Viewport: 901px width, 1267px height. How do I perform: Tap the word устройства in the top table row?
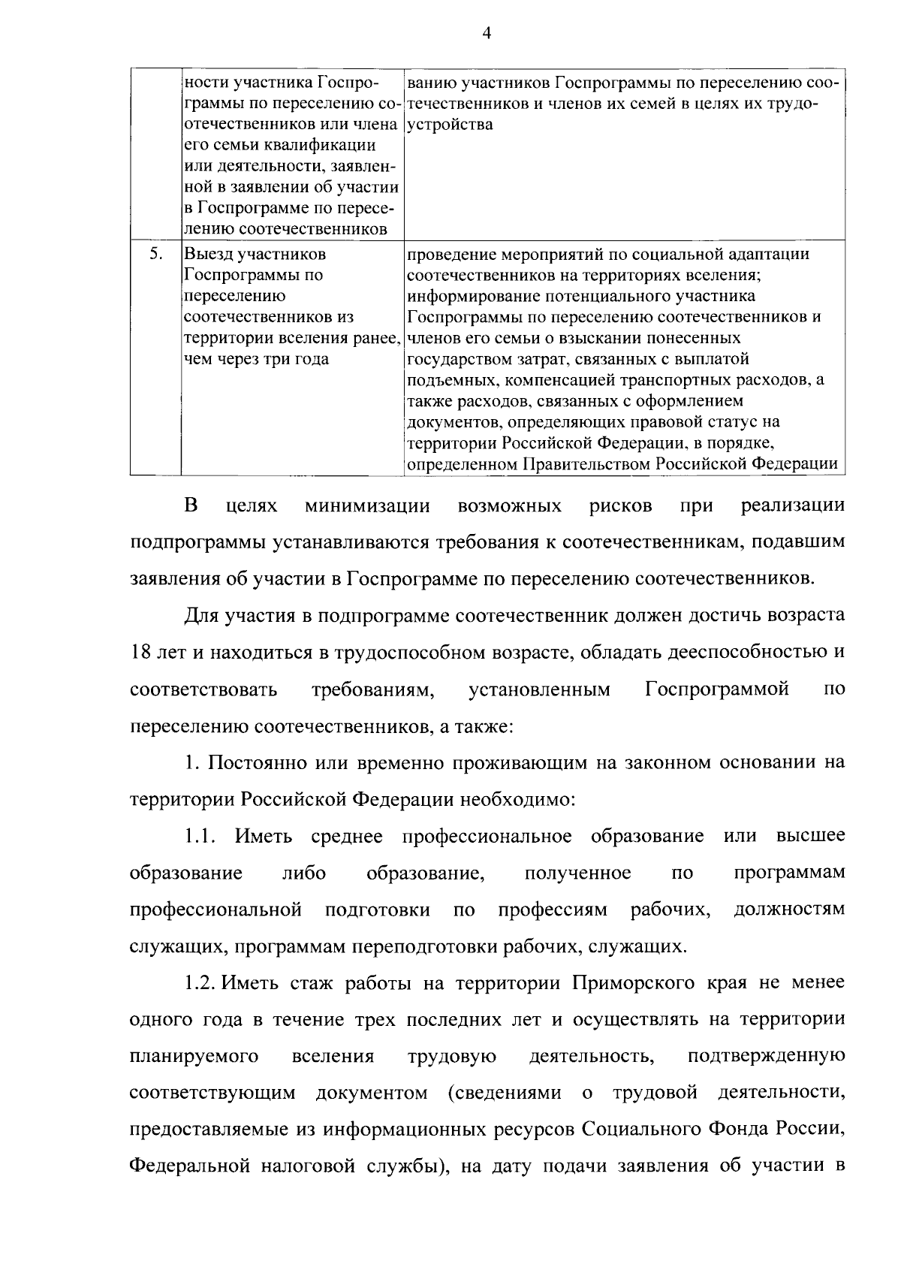[x=450, y=124]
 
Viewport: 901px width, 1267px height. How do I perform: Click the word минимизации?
[x=367, y=506]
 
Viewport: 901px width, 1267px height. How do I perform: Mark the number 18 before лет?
[x=140, y=653]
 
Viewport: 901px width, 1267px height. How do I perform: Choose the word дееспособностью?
[x=754, y=653]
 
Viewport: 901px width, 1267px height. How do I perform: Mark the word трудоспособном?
[x=403, y=653]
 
